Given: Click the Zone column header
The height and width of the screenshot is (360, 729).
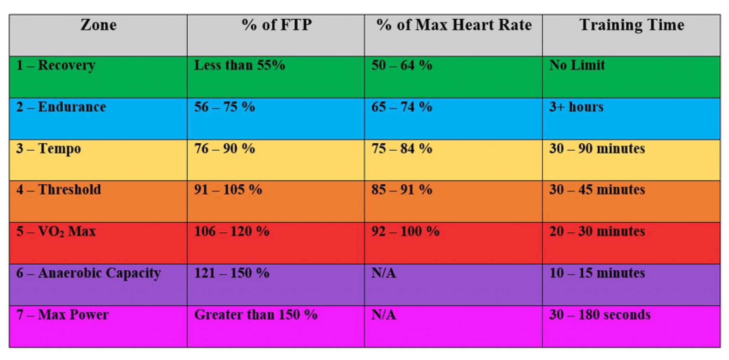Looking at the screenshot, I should (x=98, y=25).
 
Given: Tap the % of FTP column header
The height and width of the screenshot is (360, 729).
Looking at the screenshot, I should (x=276, y=25).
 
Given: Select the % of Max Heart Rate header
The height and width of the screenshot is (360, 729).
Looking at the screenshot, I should (x=454, y=25).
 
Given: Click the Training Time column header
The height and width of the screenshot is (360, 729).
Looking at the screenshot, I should (x=632, y=25).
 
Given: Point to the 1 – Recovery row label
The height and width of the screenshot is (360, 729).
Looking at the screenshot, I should (x=56, y=65).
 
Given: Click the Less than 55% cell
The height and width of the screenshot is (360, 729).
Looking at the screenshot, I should (x=239, y=65).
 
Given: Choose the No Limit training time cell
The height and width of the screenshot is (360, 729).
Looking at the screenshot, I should (x=577, y=65).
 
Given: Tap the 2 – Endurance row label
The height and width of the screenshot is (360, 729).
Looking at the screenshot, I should (x=61, y=107).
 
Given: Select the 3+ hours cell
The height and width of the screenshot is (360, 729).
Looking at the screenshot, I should (x=576, y=107).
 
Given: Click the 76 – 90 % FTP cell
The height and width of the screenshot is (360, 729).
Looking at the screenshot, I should (x=224, y=149).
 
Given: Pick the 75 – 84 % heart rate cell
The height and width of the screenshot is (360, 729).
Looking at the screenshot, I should (x=402, y=149).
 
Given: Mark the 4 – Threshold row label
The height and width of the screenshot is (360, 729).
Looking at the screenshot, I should (x=58, y=190).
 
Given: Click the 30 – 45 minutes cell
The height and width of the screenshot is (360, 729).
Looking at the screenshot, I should (x=597, y=190).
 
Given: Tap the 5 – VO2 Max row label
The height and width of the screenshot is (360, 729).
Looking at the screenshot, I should (x=56, y=232).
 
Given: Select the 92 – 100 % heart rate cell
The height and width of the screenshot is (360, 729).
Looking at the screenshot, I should (x=405, y=232).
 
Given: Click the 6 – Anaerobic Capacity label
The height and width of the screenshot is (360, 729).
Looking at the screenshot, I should (x=88, y=273).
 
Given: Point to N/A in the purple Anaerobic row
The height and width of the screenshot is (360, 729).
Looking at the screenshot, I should (x=383, y=273).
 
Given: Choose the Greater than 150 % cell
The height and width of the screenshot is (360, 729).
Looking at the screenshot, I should (x=256, y=315).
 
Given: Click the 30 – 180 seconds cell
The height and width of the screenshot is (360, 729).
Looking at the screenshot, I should (x=600, y=315).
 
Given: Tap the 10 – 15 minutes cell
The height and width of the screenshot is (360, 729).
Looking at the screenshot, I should (x=597, y=273).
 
